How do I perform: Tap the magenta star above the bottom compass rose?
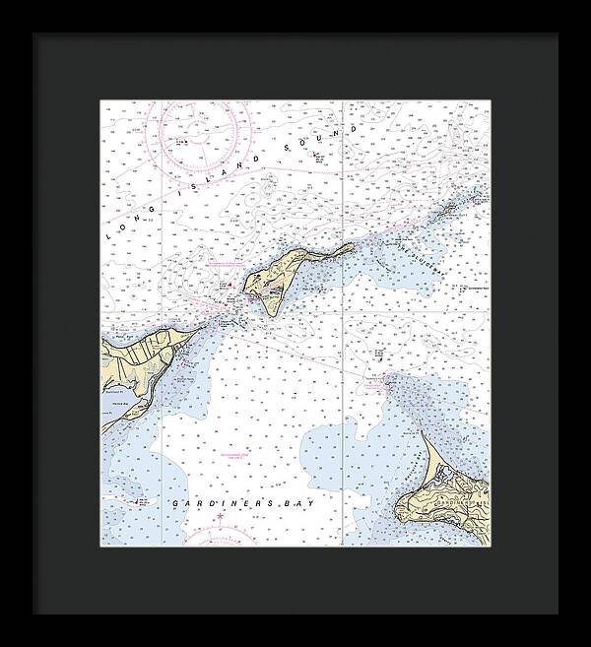click(x=222, y=516)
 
